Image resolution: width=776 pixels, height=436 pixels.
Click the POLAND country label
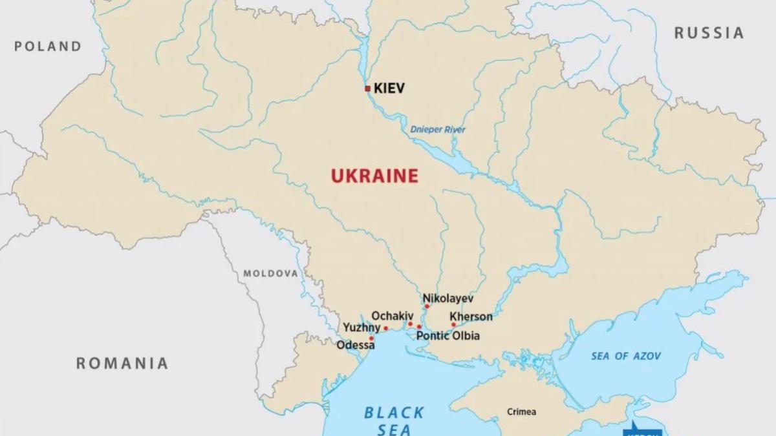click(48, 46)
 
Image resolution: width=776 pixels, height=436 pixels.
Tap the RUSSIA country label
click(709, 33)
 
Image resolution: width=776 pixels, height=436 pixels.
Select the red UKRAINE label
click(374, 176)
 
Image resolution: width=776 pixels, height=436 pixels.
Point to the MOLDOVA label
click(270, 273)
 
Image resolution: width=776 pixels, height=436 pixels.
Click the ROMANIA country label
click(122, 363)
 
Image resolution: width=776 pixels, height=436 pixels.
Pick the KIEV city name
click(389, 88)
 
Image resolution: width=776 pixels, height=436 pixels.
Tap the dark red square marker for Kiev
click(368, 88)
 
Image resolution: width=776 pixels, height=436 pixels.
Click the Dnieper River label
click(437, 130)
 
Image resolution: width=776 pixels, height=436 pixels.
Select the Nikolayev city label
click(448, 298)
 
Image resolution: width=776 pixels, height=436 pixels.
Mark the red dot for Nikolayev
click(427, 306)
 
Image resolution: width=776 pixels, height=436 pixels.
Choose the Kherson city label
click(471, 317)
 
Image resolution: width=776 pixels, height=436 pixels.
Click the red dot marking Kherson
click(453, 324)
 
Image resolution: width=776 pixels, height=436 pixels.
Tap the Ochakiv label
click(392, 316)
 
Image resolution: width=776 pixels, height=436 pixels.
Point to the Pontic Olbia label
click(448, 336)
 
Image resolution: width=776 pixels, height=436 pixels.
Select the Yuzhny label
click(361, 327)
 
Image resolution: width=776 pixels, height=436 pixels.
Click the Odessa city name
click(356, 346)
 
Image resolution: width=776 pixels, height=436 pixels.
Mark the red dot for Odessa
click(371, 338)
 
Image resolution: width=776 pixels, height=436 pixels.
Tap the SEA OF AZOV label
click(626, 356)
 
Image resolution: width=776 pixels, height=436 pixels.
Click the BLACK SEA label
click(394, 420)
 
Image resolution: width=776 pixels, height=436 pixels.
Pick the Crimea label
click(521, 411)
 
